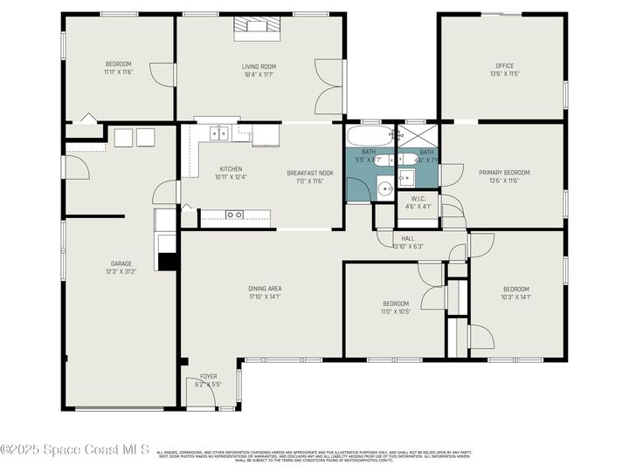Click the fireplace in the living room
pos(258,27)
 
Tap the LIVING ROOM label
pos(259,66)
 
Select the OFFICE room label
pos(504,65)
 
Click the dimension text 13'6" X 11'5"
pos(504,74)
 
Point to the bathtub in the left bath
pos(370,137)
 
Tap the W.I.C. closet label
pos(418,198)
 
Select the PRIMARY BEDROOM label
pos(504,173)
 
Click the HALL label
pos(408,237)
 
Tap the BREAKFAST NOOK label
pos(310,173)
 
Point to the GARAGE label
pos(121,263)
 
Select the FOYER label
pos(208,376)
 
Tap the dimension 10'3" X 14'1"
pos(515,297)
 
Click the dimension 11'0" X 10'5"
pos(395,311)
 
